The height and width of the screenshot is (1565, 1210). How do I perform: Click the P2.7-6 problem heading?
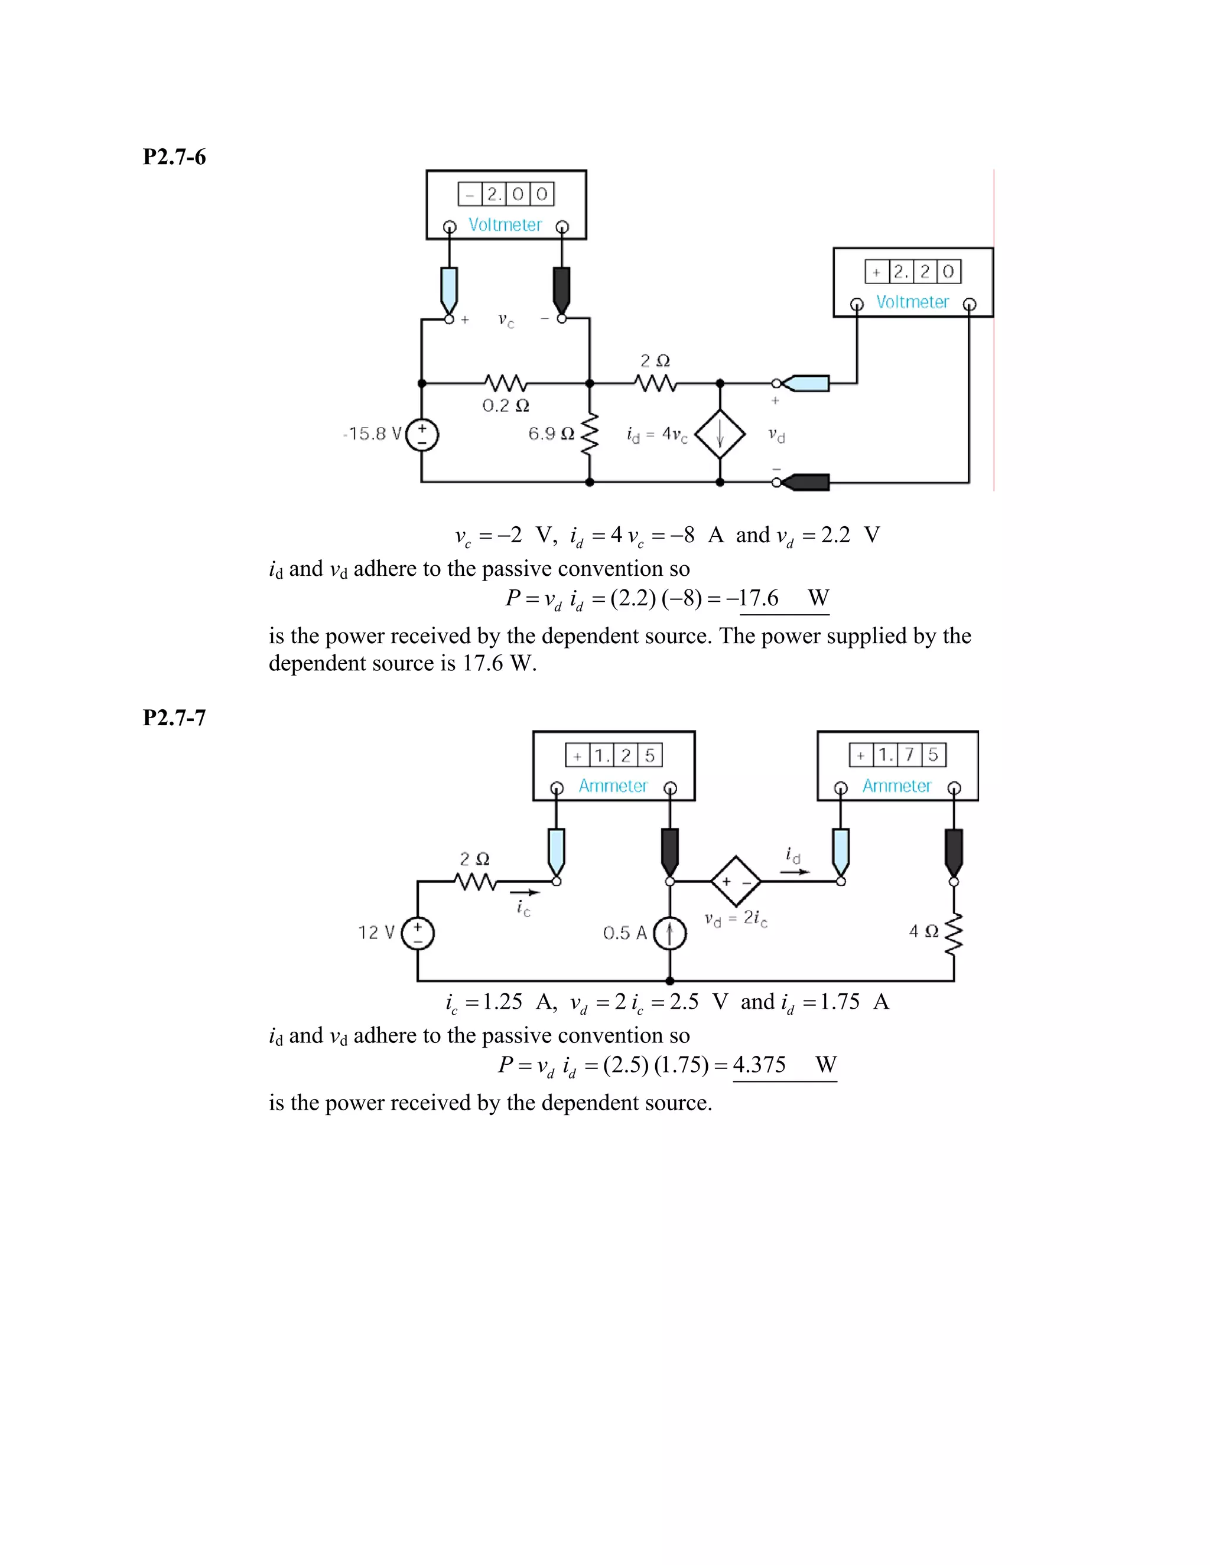pos(174,157)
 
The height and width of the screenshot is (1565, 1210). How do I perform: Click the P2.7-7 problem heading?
pos(174,718)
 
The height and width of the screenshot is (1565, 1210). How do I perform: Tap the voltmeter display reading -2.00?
pos(506,194)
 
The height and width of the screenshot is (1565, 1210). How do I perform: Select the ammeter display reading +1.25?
pos(614,755)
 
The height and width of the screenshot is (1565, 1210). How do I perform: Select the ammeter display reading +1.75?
pos(897,755)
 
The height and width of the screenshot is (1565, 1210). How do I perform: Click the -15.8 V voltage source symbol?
pos(422,434)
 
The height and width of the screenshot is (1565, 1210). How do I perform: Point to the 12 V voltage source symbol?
pos(418,933)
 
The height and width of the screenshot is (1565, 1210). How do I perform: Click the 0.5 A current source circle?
pos(669,933)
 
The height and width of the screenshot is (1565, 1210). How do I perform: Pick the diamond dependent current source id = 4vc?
pos(720,434)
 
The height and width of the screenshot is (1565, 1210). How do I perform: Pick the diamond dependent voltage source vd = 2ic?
pos(736,881)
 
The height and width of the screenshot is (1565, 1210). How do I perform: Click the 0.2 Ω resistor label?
pos(505,406)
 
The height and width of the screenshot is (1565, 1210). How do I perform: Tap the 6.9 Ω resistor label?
pos(551,433)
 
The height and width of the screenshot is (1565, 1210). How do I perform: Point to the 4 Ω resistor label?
pos(923,931)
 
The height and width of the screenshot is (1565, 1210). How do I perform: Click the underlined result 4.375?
pos(759,1065)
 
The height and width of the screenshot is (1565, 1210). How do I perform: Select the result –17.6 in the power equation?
pos(753,598)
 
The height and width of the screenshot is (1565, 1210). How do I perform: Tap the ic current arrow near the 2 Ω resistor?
pos(525,893)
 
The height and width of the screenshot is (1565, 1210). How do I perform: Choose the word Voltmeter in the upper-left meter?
pos(505,225)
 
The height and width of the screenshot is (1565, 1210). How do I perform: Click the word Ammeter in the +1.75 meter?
pos(897,786)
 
